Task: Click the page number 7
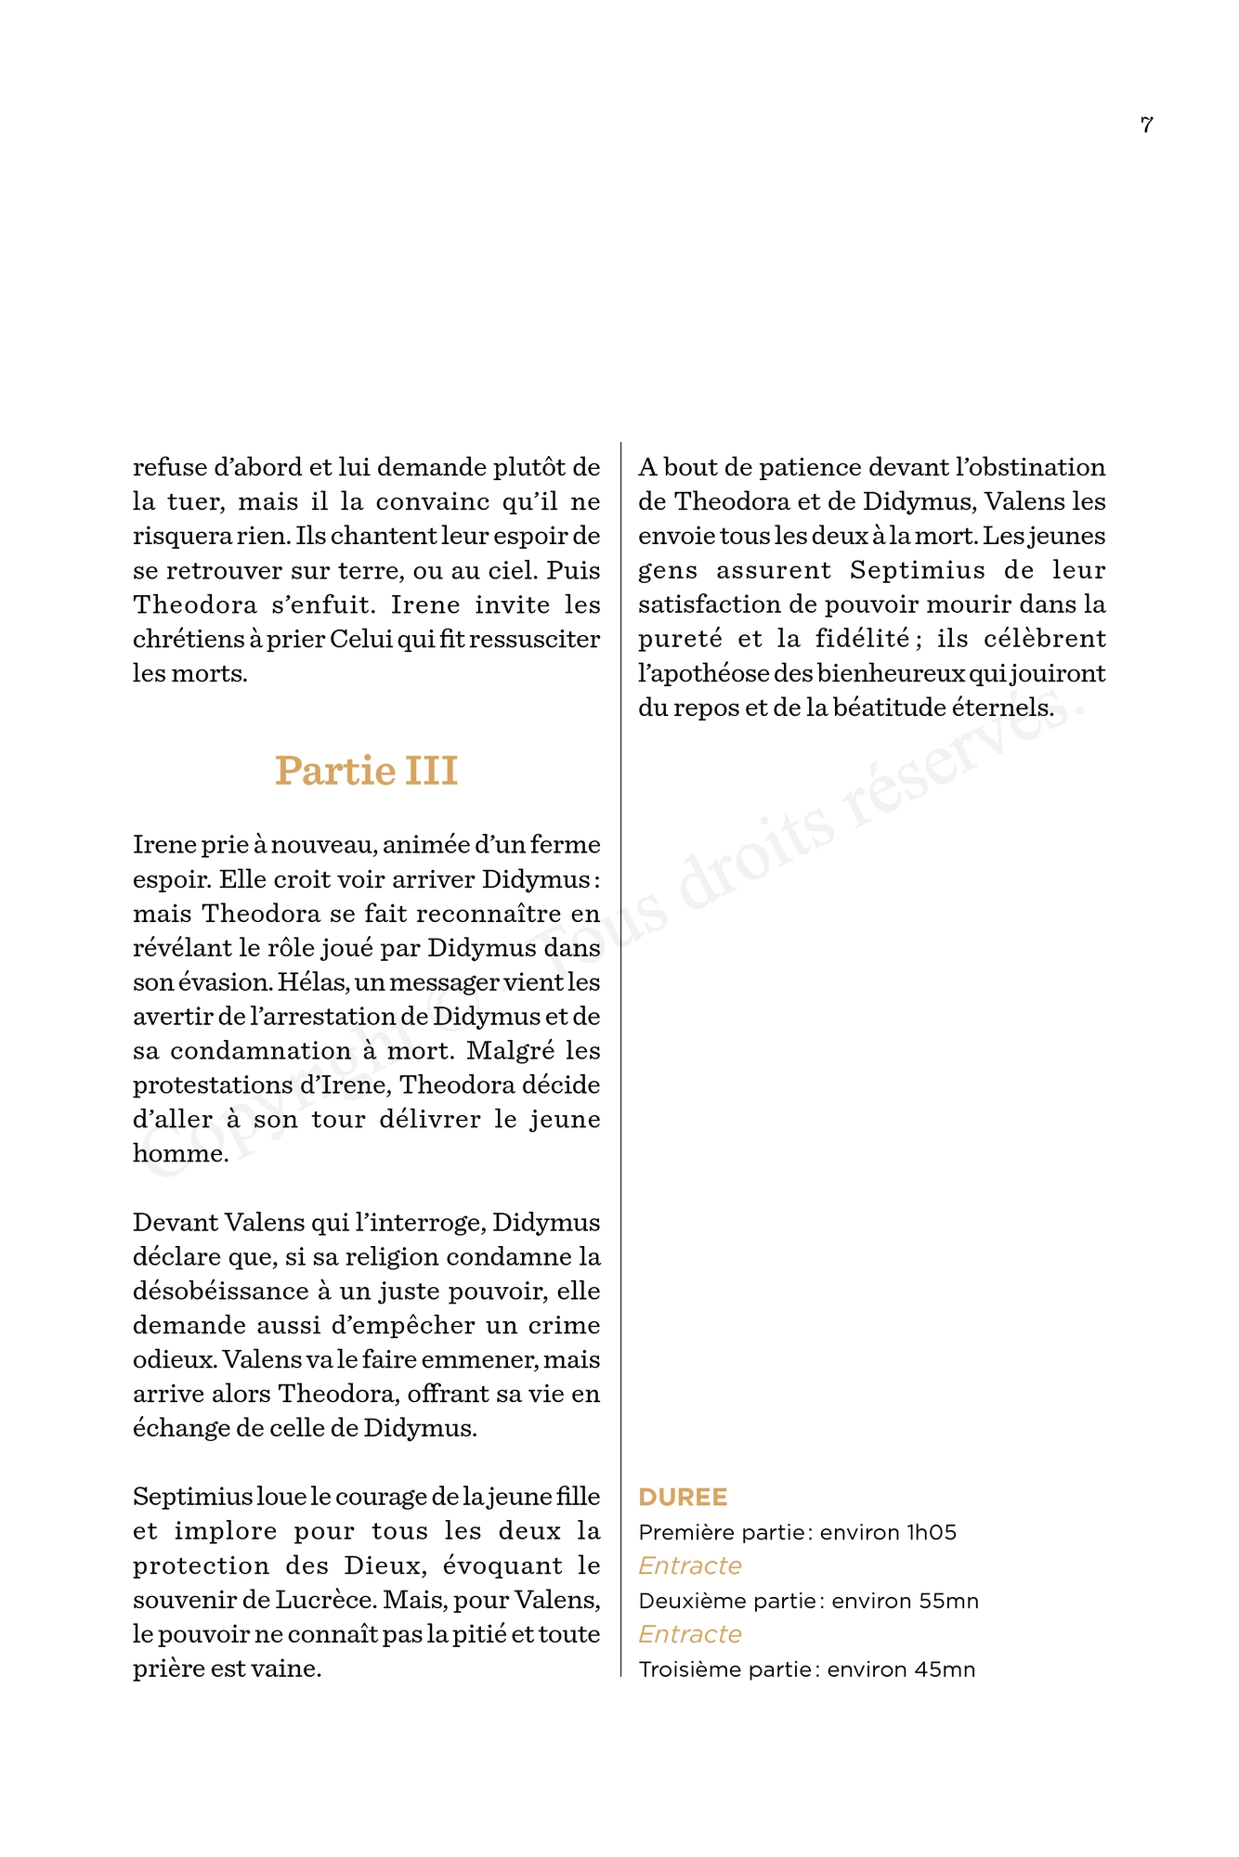pyautogui.click(x=1146, y=124)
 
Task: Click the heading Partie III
pyautogui.click(x=366, y=771)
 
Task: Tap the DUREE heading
pyautogui.click(x=683, y=1498)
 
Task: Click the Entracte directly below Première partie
pyautogui.click(x=690, y=1566)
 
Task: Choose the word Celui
pyautogui.click(x=359, y=639)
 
